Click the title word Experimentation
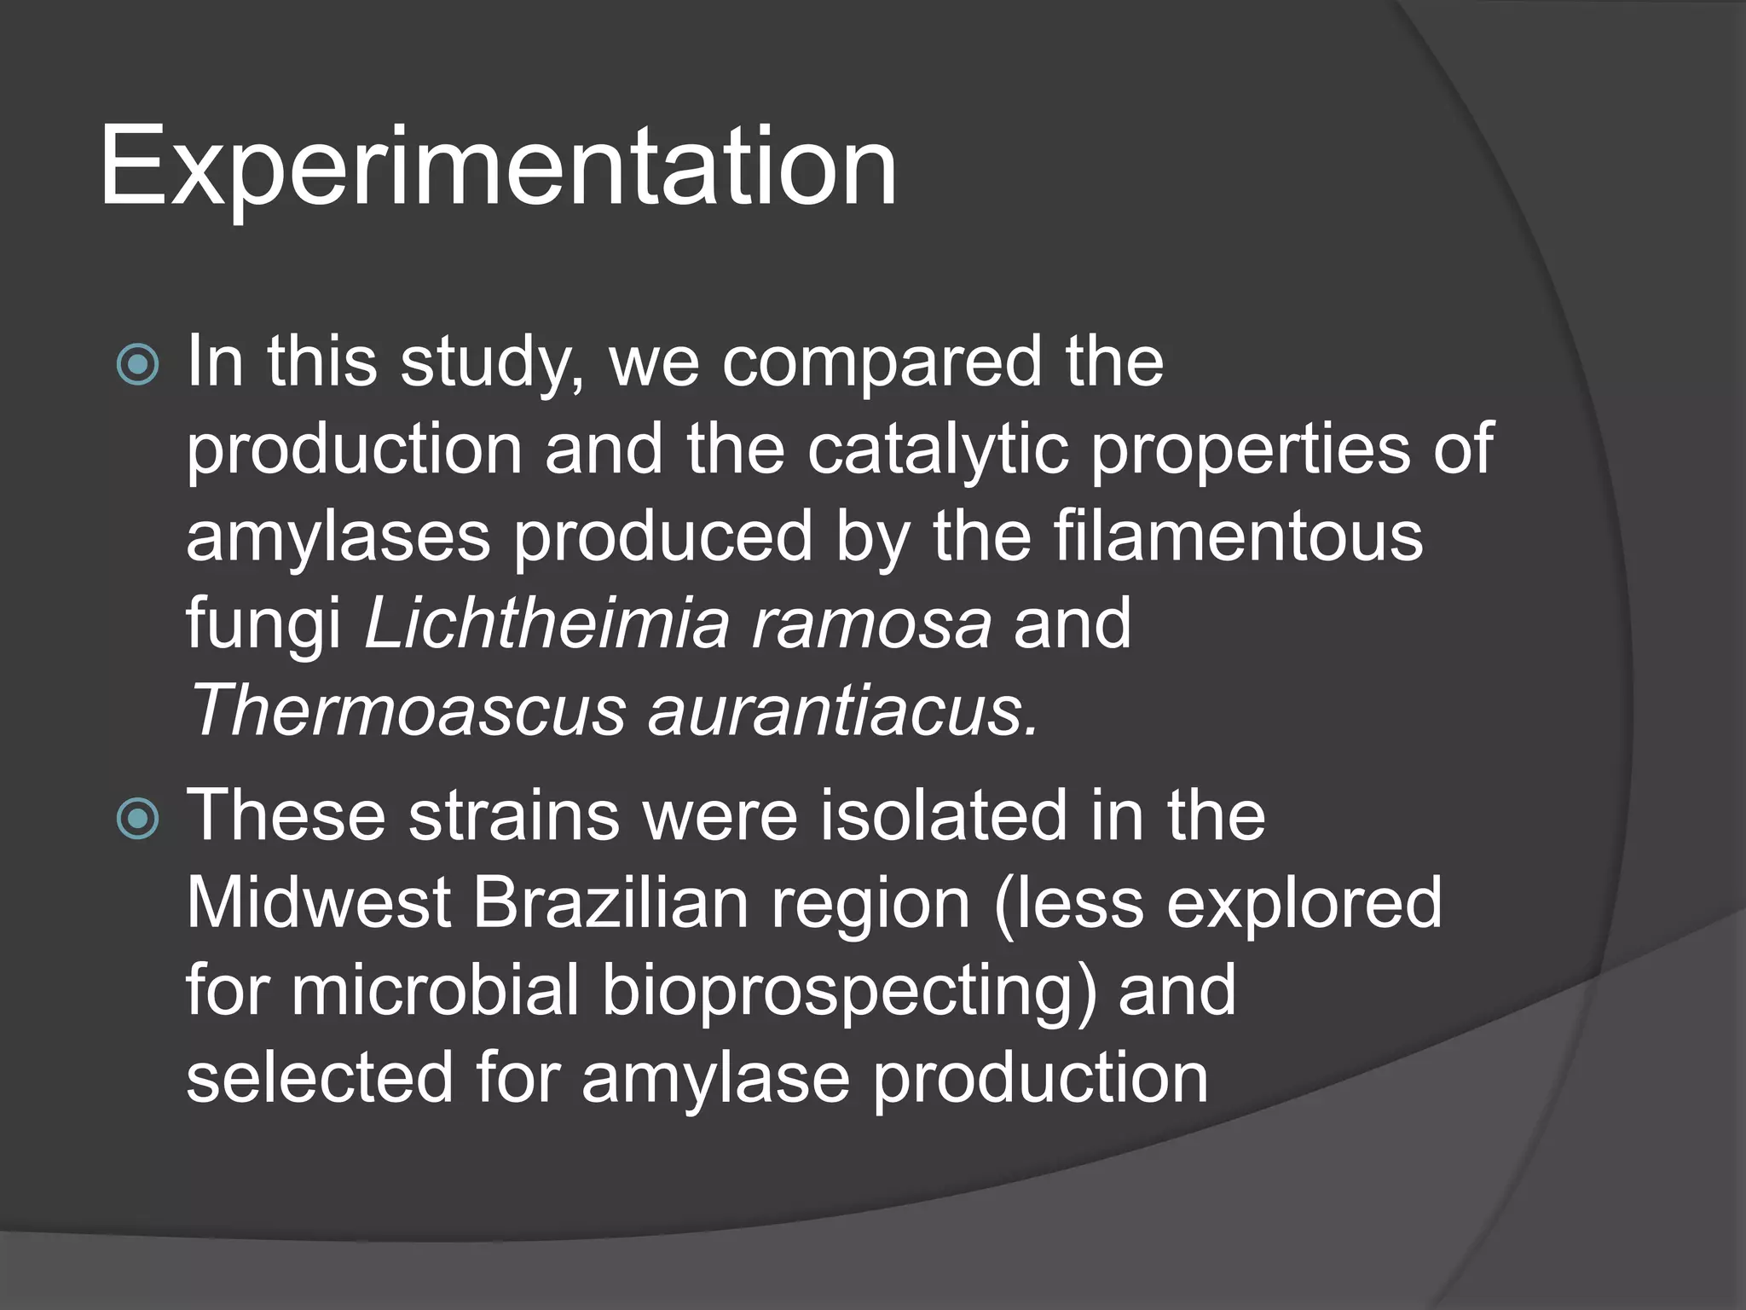pyautogui.click(x=498, y=166)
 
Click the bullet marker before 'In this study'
pyautogui.click(x=138, y=365)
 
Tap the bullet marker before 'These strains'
pyautogui.click(x=138, y=819)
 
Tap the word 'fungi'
pyautogui.click(x=263, y=627)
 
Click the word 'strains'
pyautogui.click(x=514, y=817)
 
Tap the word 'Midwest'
pyautogui.click(x=319, y=904)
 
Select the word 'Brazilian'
pyautogui.click(x=610, y=904)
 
